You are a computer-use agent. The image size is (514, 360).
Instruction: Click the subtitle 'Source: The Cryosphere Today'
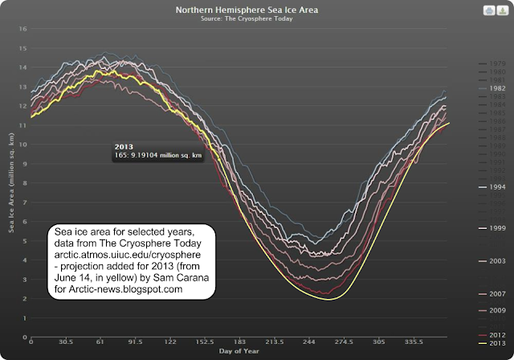[x=255, y=18]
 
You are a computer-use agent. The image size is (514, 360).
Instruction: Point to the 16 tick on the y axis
[x=22, y=29]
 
